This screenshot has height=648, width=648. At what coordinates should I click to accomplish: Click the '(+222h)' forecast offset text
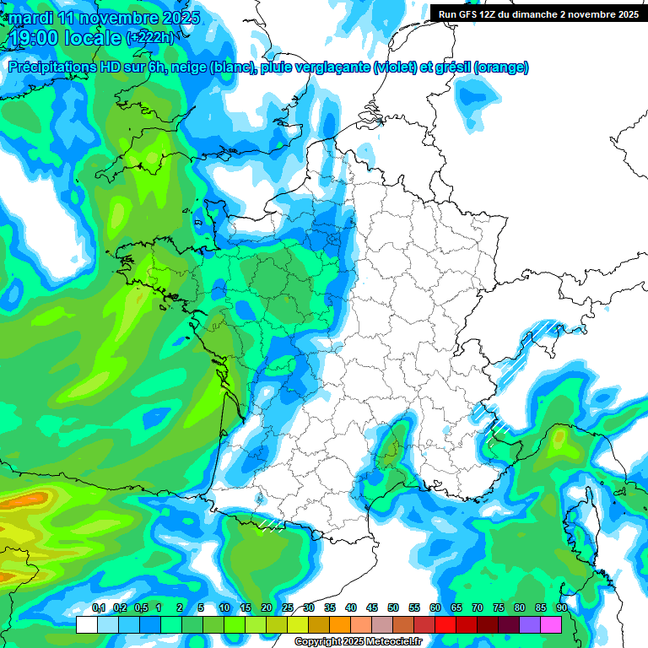tap(153, 38)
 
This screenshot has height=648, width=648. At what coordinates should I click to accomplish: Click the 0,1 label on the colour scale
tap(98, 607)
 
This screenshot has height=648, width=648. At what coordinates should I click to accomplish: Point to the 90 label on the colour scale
tap(562, 607)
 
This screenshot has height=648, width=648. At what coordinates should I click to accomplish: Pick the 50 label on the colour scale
tap(393, 607)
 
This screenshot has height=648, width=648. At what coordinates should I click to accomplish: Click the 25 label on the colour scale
tap(288, 607)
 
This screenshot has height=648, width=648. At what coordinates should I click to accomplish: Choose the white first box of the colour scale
tap(86, 624)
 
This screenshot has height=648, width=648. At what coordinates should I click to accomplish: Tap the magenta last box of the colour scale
tap(551, 624)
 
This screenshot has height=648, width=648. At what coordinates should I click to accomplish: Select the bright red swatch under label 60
tap(445, 624)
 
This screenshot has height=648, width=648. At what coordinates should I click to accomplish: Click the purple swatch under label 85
tap(530, 624)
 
